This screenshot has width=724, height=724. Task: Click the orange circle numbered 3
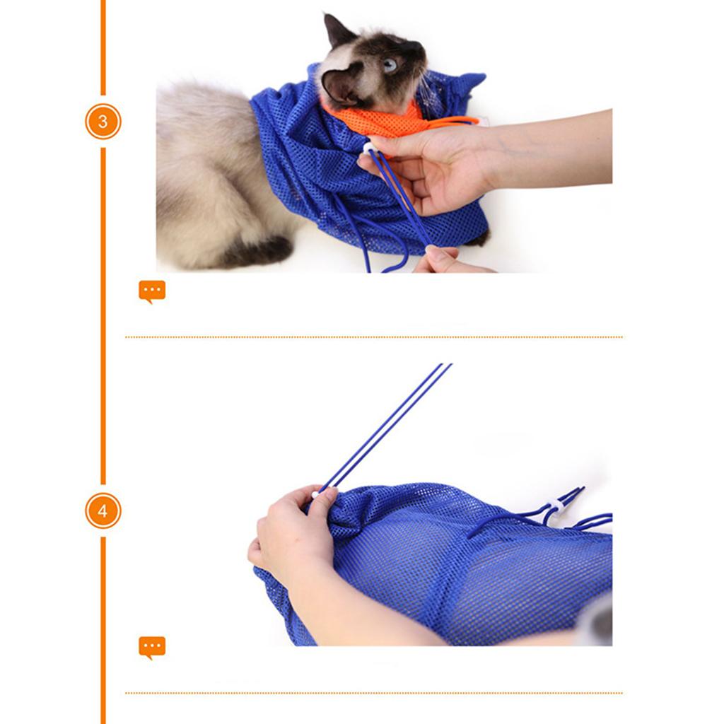[x=103, y=122]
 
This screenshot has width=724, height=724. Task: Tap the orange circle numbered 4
[x=103, y=510]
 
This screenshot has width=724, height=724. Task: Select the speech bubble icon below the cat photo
[x=152, y=291]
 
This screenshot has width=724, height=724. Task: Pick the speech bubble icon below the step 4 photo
[x=152, y=648]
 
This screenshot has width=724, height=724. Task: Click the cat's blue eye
[x=390, y=65]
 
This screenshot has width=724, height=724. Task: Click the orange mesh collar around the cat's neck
[x=388, y=121]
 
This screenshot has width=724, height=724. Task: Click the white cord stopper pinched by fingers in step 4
[x=315, y=494]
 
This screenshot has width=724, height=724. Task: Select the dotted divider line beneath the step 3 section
[x=373, y=337]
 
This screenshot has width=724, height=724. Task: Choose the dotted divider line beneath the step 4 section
[x=373, y=693]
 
